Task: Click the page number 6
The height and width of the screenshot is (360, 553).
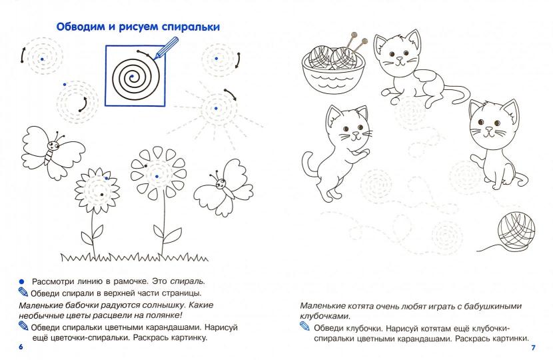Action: [21, 348]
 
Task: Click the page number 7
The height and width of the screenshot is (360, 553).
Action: [533, 348]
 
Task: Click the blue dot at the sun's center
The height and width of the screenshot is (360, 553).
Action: [216, 107]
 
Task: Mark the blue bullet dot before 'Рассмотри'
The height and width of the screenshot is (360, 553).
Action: [21, 281]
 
